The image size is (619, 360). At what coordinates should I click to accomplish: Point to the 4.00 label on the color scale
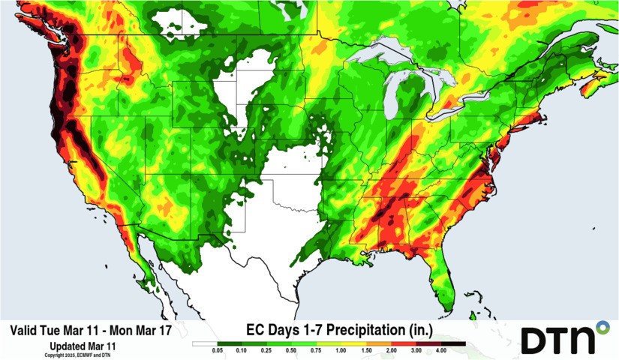click(x=441, y=350)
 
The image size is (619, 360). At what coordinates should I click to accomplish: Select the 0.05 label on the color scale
click(x=218, y=350)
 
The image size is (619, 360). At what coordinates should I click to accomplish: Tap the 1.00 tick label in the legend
click(x=341, y=350)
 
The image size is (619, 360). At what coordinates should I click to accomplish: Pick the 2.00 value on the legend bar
click(x=391, y=350)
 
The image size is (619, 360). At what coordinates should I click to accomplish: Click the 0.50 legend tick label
click(x=291, y=350)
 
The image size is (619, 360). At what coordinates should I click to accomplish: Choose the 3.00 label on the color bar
click(x=416, y=350)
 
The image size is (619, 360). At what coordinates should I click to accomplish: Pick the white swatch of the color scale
click(x=205, y=343)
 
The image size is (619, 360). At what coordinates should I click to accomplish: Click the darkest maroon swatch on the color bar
click(x=453, y=343)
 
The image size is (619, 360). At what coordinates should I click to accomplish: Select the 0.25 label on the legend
click(x=266, y=350)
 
